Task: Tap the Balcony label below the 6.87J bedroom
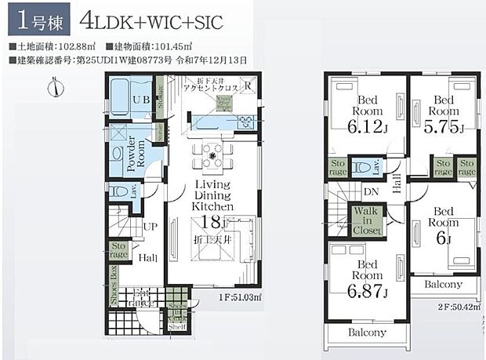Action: point(368,333)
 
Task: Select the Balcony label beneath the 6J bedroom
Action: point(443,284)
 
